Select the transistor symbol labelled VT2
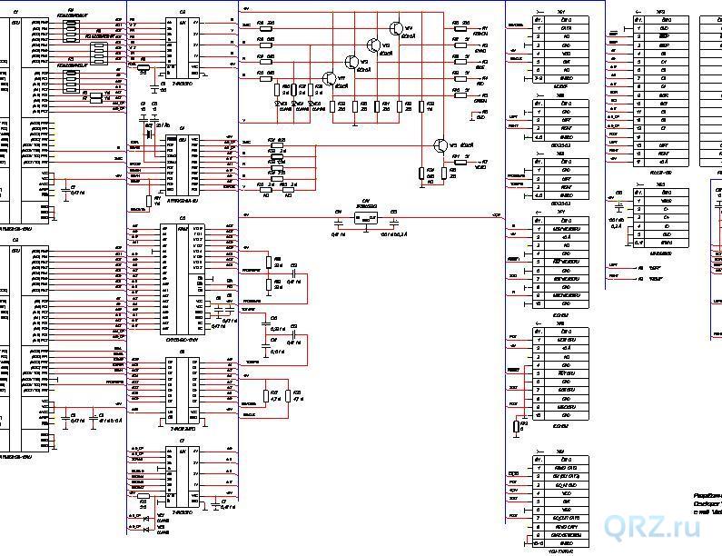(351, 61)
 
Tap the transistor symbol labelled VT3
(373, 44)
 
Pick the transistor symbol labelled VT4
(396, 29)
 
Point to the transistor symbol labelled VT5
(442, 145)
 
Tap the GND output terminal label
(480, 118)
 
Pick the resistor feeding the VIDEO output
(457, 163)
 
